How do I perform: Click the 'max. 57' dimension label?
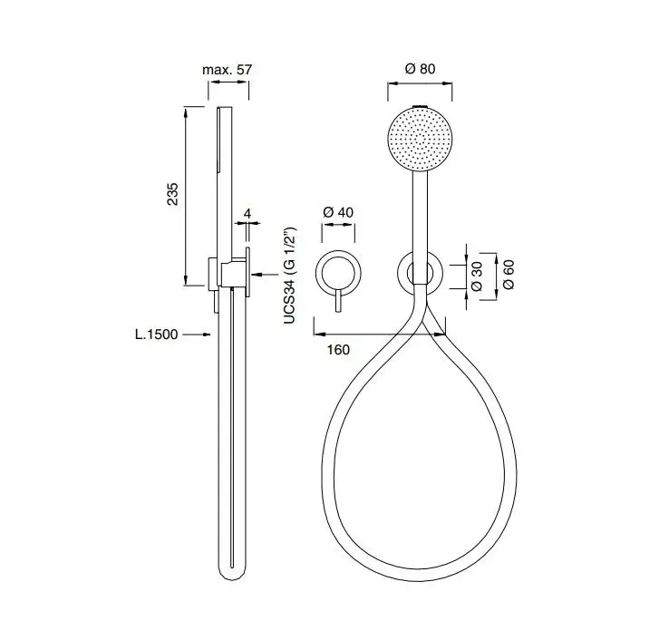227,69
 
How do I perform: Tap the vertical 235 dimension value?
173,194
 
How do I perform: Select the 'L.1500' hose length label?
156,335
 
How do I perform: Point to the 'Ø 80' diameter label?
420,69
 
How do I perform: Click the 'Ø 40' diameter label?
338,212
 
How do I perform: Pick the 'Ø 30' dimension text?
477,276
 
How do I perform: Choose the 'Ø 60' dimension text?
509,275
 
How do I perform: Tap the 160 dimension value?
338,350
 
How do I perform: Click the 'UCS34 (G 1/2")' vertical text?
290,276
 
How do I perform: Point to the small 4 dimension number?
247,213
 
